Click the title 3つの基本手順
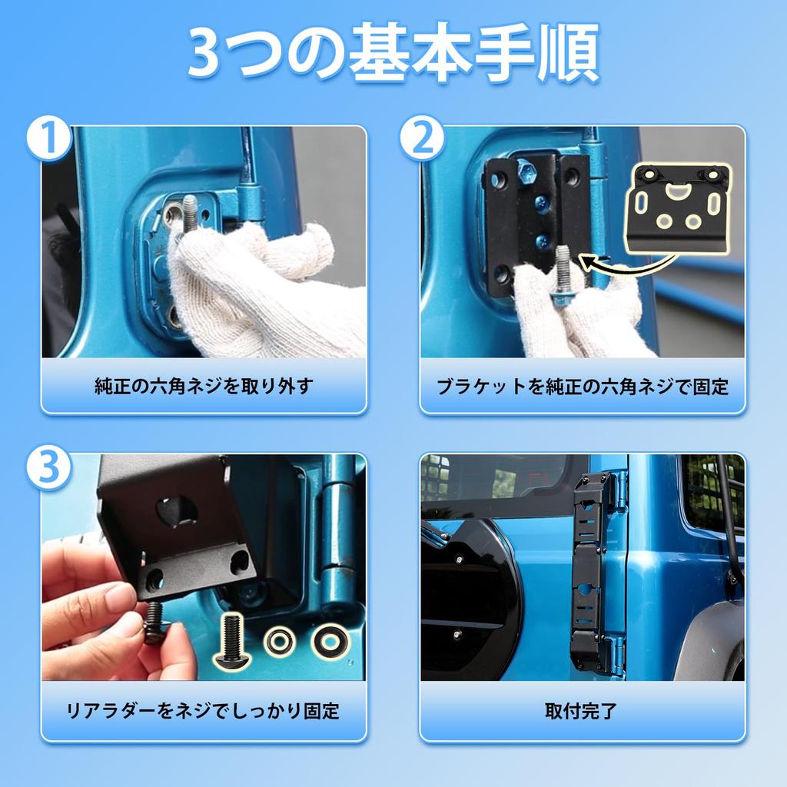point(394,52)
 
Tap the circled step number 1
point(48,138)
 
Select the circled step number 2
point(422,138)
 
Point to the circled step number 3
point(48,467)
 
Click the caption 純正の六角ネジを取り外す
point(204,386)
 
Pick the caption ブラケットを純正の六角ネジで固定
point(583,387)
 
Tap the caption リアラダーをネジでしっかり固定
point(203,711)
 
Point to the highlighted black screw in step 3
point(231,641)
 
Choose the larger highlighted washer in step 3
point(330,641)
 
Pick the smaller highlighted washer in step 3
point(280,641)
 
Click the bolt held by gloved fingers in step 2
point(562,275)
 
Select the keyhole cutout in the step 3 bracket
point(177,510)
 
